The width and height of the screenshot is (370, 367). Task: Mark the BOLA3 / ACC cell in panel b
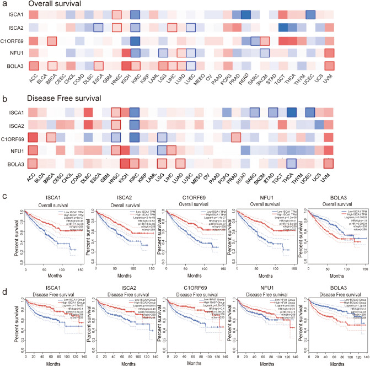point(33,163)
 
